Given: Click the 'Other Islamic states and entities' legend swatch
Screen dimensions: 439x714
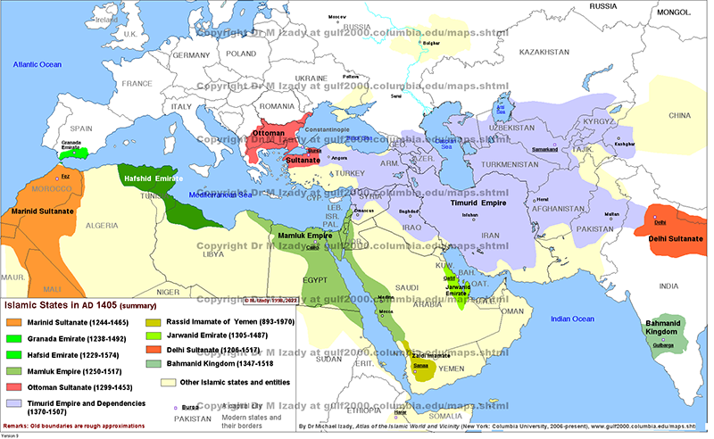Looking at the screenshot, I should click(x=175, y=382).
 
